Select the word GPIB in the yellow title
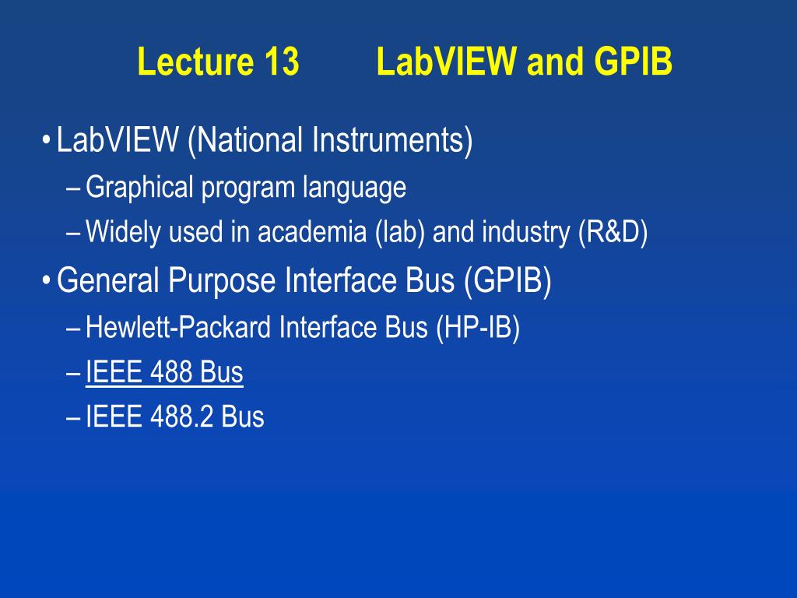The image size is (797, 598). pos(633,62)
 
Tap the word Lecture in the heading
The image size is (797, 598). pos(195,62)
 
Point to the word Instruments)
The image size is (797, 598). pos(393,141)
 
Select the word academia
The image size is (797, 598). pos(312,232)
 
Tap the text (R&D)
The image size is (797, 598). pos(613,233)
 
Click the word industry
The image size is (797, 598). pos(525,233)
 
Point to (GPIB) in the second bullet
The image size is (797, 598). pos(507,280)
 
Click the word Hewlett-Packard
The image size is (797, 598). pos(178,327)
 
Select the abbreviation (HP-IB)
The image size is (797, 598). pos(478,328)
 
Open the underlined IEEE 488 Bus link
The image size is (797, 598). pos(164,371)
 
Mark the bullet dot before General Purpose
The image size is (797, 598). pos(47,280)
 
